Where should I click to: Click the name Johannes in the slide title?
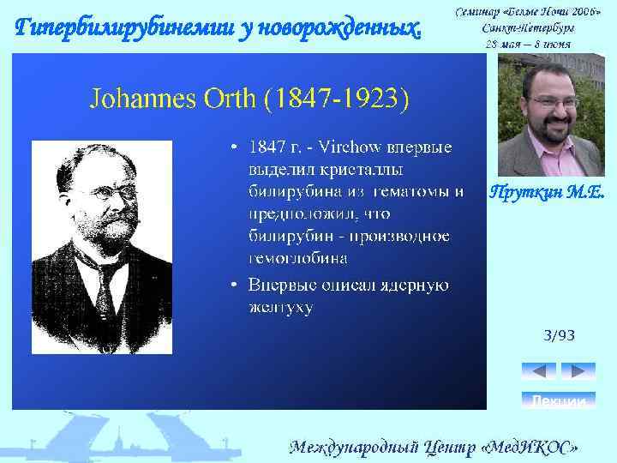click(x=143, y=99)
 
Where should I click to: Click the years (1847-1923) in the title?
click(x=336, y=99)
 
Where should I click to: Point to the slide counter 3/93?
click(x=559, y=335)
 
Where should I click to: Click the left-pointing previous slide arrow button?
click(x=538, y=371)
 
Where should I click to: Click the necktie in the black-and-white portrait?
click(x=108, y=287)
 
